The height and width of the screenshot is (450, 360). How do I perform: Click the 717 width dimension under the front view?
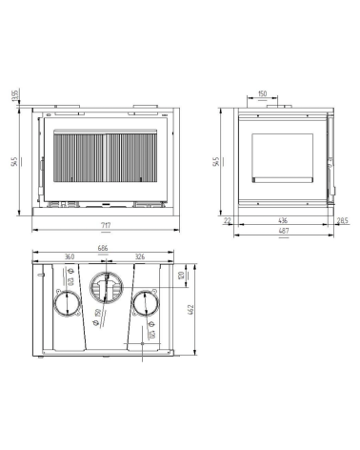click(106, 225)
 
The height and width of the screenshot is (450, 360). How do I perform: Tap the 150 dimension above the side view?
click(262, 94)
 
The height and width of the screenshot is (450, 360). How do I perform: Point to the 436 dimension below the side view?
click(283, 220)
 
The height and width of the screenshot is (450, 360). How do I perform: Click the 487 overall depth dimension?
click(284, 232)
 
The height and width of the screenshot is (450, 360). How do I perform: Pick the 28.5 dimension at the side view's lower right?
click(341, 220)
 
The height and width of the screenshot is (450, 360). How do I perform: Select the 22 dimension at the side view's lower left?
click(228, 220)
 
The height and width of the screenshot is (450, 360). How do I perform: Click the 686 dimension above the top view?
click(102, 249)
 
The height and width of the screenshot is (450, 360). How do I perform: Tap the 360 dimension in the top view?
click(70, 257)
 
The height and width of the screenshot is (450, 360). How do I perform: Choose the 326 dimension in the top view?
click(139, 257)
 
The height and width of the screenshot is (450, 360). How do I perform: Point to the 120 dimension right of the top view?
click(181, 277)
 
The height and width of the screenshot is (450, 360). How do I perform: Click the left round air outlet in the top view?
click(67, 304)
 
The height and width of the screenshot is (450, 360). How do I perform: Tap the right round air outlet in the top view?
click(146, 304)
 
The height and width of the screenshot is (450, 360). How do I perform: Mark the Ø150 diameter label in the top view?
click(98, 315)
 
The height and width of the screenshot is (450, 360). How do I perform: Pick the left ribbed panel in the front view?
click(80, 159)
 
